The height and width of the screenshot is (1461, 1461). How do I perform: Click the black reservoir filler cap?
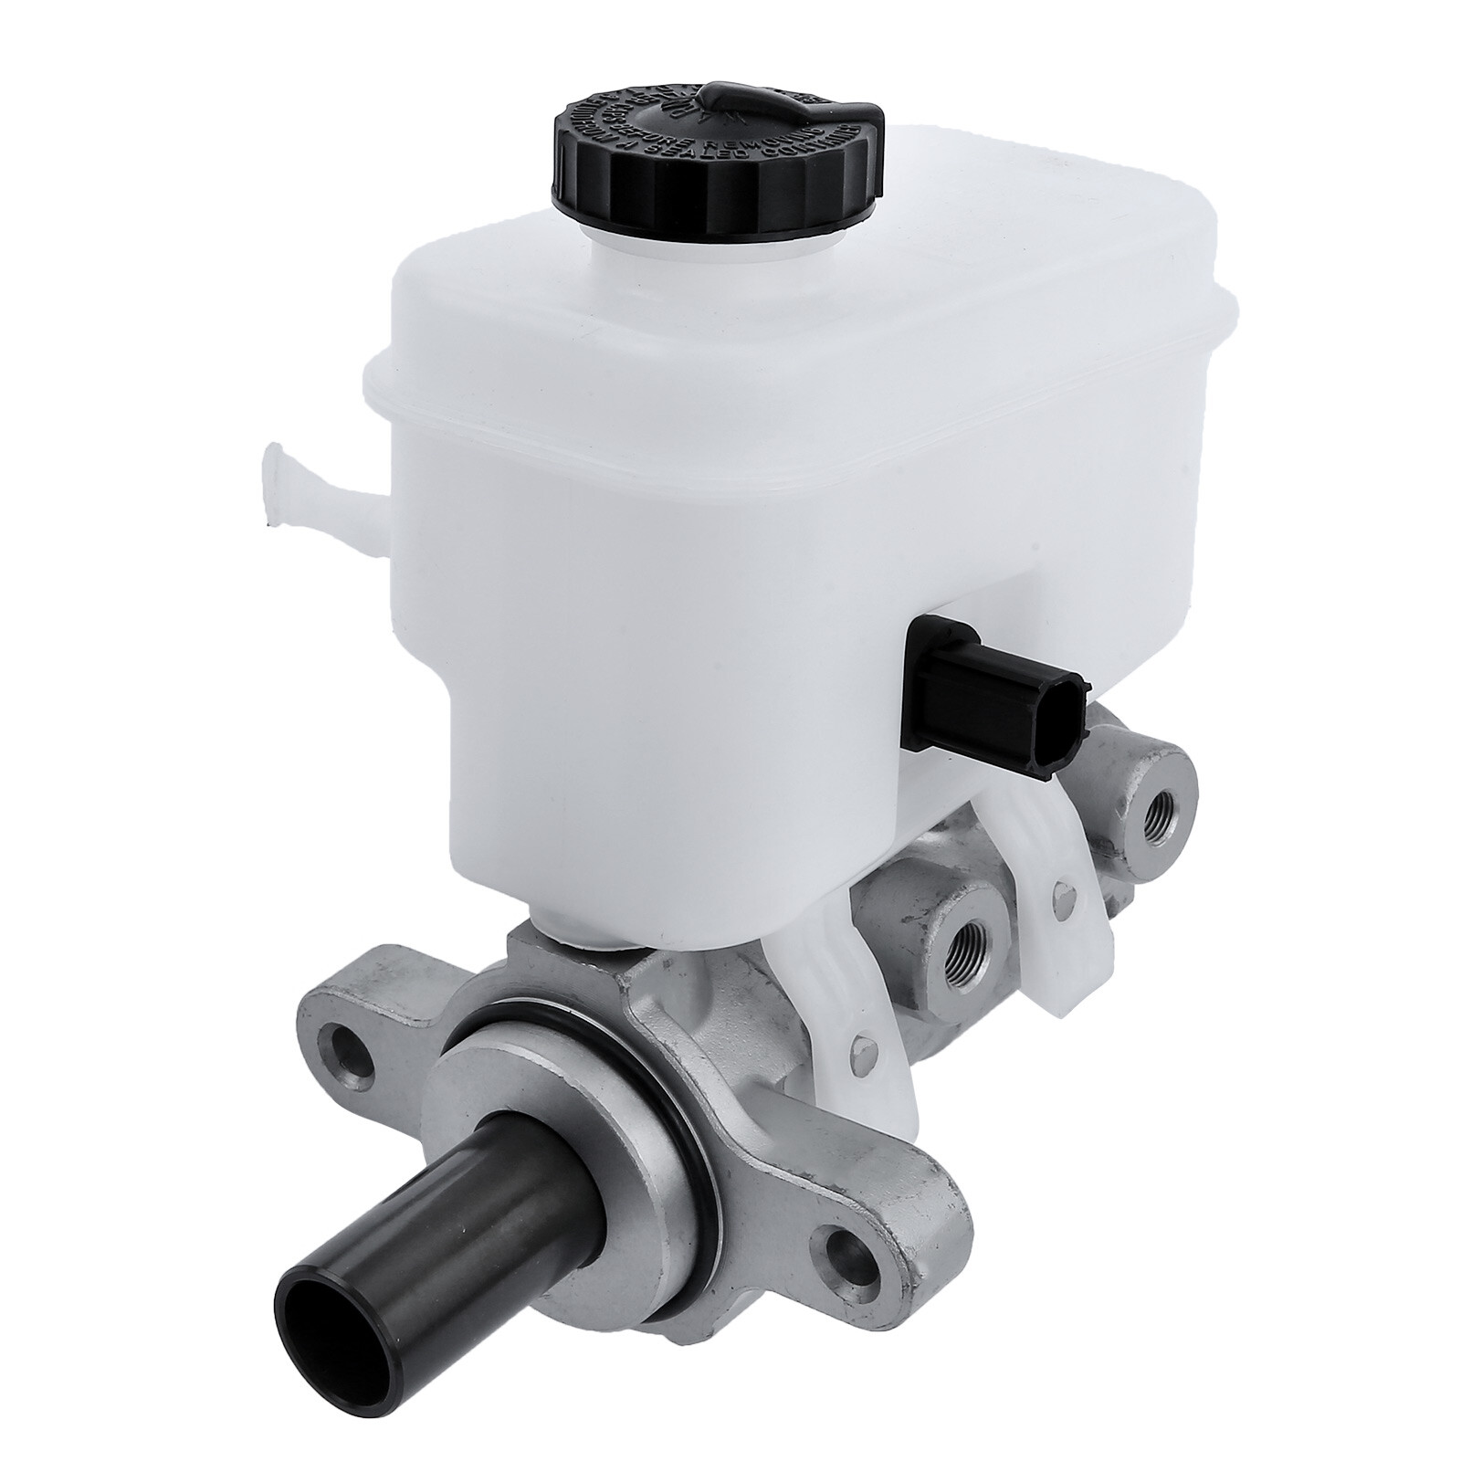(x=718, y=164)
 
